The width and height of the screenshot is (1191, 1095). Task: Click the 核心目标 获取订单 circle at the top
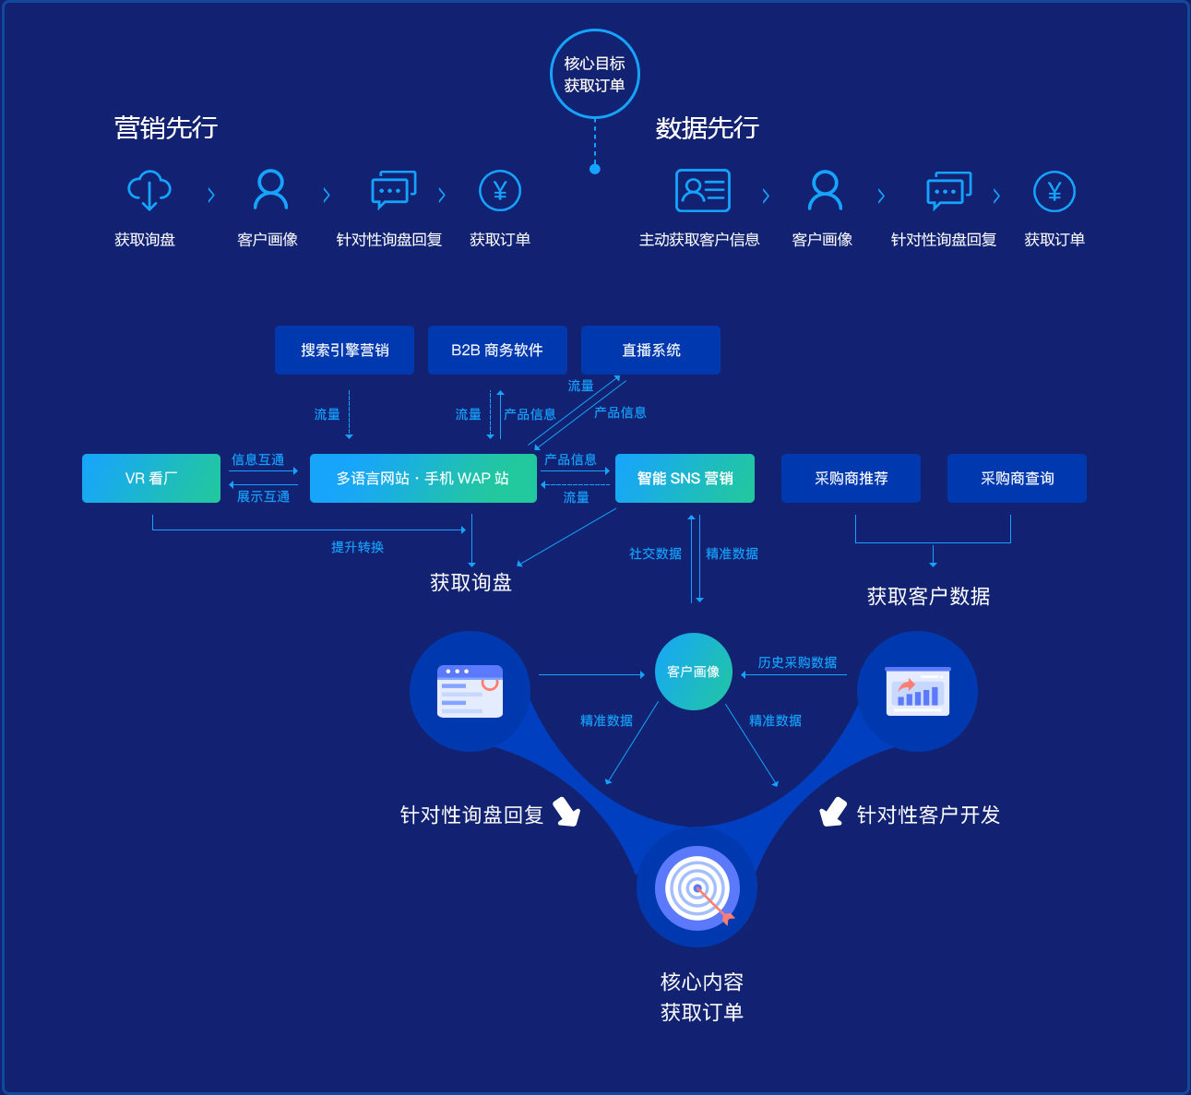pos(594,74)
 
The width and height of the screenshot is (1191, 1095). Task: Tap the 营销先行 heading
pos(166,127)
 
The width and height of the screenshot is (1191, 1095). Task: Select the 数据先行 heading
pos(707,127)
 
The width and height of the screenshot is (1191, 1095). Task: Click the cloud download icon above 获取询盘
pos(149,191)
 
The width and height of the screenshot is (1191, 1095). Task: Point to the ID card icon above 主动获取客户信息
pos(703,191)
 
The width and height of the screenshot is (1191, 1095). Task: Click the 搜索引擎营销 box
pos(344,350)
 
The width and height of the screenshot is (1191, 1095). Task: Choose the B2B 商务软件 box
pos(497,350)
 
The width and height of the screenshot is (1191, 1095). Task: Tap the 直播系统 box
pos(650,350)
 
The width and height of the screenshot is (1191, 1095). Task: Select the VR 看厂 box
pos(151,478)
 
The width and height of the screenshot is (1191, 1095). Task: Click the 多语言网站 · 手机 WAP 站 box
pos(423,478)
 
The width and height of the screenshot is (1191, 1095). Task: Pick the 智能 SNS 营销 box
pos(685,478)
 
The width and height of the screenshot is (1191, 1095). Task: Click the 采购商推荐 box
pos(851,478)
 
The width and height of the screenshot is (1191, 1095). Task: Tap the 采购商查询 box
pos(1017,478)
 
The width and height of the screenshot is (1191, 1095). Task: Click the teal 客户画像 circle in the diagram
pos(693,672)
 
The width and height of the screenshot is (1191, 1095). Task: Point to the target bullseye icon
pos(697,888)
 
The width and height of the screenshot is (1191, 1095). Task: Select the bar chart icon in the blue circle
pos(917,691)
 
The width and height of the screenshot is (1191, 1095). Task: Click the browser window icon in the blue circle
pos(470,691)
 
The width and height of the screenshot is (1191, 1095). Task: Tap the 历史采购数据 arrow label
pos(797,662)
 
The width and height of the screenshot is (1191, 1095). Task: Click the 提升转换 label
pos(357,547)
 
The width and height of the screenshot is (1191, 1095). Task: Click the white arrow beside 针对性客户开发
pos(833,812)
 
